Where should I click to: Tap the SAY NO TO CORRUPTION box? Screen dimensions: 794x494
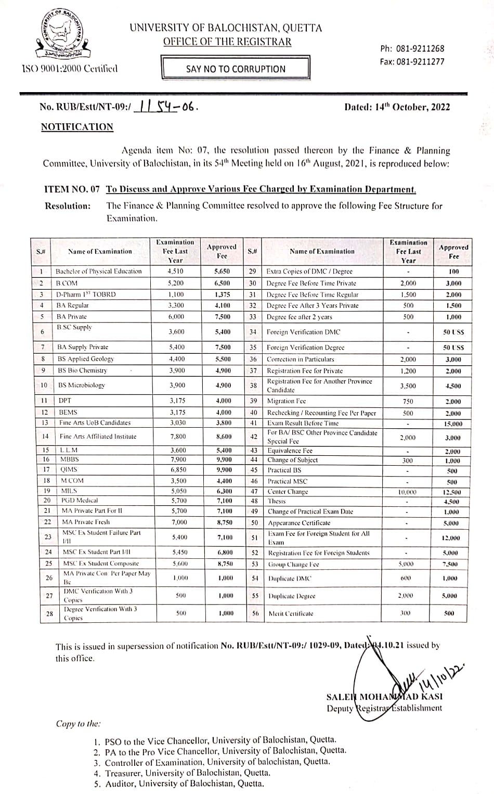(236, 69)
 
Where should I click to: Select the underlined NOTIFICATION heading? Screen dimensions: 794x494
(77, 127)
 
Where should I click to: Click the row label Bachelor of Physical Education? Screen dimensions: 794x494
(98, 271)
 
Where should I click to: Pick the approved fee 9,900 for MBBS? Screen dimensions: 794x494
(222, 459)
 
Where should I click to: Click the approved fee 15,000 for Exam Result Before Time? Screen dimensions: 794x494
(452, 424)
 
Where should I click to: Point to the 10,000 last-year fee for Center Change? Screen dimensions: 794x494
(407, 492)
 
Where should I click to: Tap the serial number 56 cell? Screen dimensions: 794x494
(255, 613)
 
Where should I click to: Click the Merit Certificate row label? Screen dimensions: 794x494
(291, 613)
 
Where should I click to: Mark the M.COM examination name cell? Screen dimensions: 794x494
(72, 481)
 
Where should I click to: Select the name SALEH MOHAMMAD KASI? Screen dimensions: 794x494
(384, 697)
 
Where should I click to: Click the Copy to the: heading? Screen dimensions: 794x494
(79, 724)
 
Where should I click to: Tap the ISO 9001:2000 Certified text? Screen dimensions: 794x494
(69, 69)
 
